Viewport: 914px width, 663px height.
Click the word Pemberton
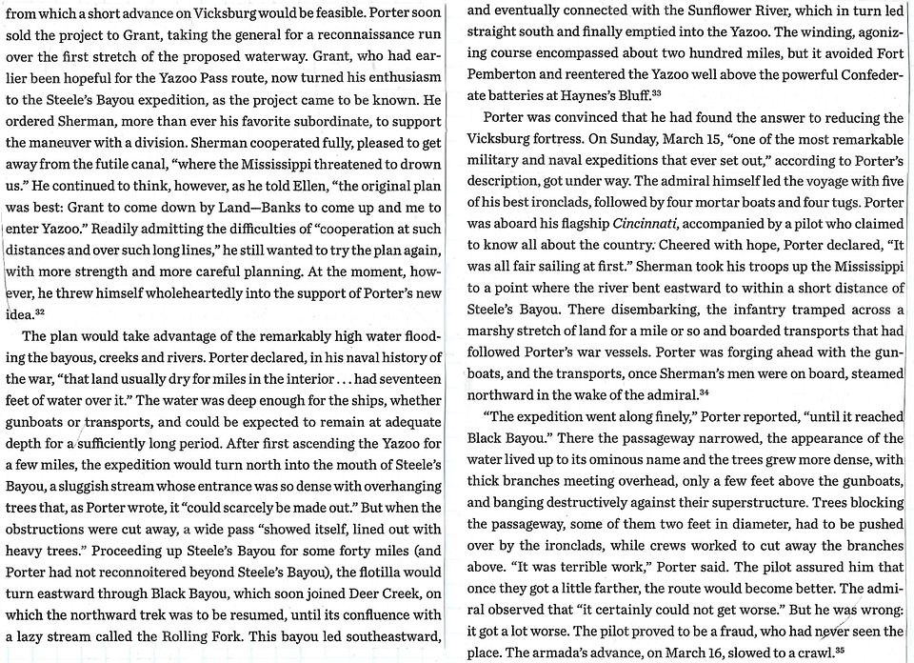click(505, 75)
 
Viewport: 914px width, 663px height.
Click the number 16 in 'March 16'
click(745, 652)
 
